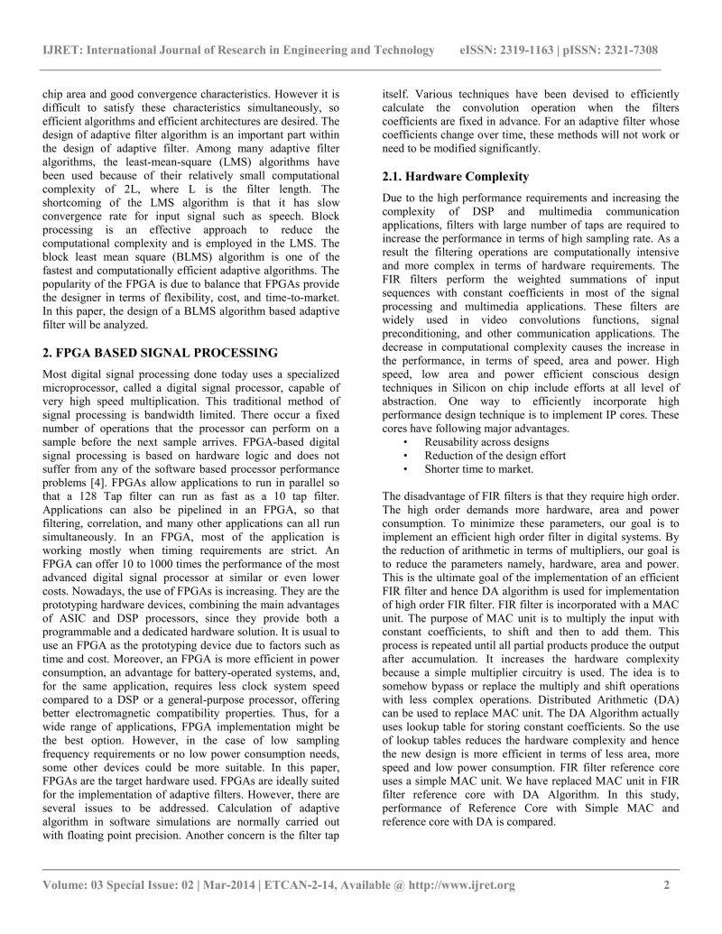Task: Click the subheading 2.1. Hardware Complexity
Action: click(x=456, y=176)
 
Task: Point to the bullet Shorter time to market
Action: click(x=467, y=469)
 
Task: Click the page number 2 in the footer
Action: click(x=666, y=885)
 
